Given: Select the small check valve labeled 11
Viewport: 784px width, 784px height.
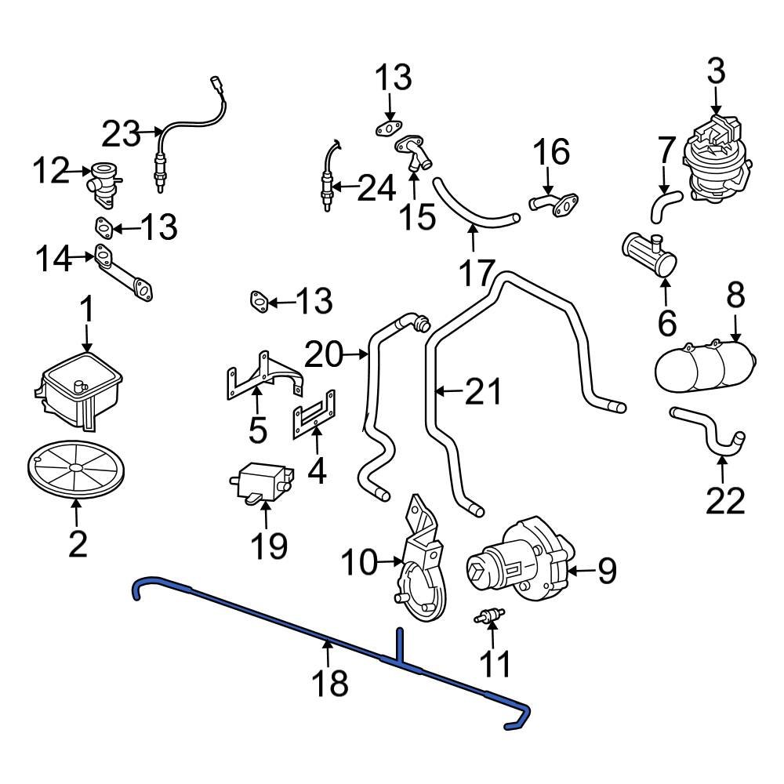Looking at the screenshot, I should click(x=490, y=617).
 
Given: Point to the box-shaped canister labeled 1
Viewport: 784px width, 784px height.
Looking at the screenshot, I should click(x=78, y=390).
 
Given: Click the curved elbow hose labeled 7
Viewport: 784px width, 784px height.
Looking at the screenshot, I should click(x=665, y=207).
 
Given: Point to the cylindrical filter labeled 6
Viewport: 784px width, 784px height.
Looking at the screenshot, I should click(x=650, y=255).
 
